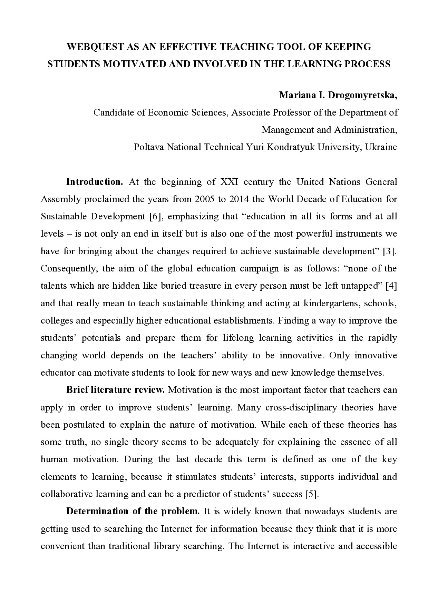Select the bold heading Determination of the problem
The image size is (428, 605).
point(133,512)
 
